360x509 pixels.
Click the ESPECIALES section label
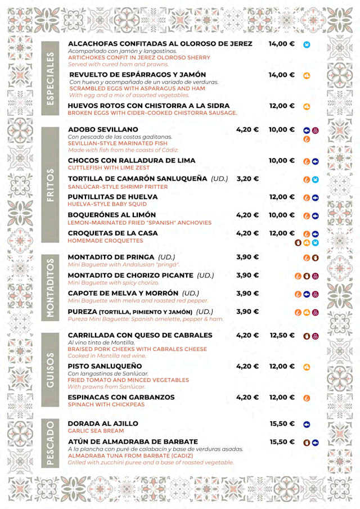coord(51,78)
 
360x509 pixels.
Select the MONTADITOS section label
coord(51,289)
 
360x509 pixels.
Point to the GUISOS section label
coord(51,370)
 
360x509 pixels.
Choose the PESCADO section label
coord(51,443)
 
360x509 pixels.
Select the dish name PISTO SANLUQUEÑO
coord(104,366)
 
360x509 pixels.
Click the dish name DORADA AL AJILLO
coord(103,424)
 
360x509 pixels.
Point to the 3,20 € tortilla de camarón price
coord(247,179)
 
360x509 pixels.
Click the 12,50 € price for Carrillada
coord(282,335)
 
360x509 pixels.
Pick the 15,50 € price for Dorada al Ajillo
coord(282,424)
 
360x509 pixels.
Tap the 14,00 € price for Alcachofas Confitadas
coord(281,44)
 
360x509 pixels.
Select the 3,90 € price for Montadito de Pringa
coord(247,257)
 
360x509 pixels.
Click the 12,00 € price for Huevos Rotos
coord(282,106)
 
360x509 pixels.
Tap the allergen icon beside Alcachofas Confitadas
coord(307,44)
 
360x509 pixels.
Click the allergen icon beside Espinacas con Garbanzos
coord(307,398)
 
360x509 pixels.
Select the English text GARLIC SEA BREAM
coord(96,431)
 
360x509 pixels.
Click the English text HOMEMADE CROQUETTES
coord(105,241)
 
